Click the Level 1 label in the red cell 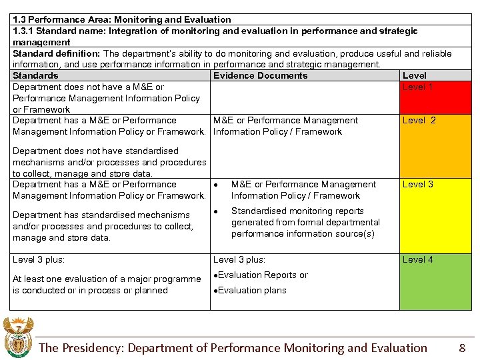(417, 87)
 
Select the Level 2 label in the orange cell (419, 121)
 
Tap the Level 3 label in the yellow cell (417, 185)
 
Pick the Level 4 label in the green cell (417, 260)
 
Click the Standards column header (35, 76)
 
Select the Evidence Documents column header (260, 76)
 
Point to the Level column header (415, 76)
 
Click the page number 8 (462, 347)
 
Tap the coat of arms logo (17, 337)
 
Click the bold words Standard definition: (56, 54)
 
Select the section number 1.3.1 (23, 31)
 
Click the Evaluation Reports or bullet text (263, 275)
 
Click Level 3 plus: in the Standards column (39, 260)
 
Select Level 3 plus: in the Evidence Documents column (239, 260)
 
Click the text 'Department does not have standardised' (95, 151)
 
